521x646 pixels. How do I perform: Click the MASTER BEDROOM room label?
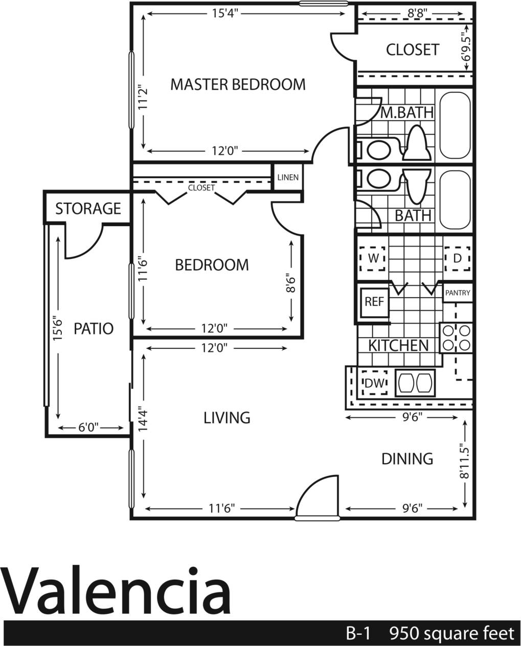pyautogui.click(x=238, y=84)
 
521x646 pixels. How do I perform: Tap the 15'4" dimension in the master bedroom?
pyautogui.click(x=225, y=14)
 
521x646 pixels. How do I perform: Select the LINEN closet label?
pyautogui.click(x=288, y=178)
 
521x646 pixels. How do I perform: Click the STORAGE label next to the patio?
pyautogui.click(x=88, y=208)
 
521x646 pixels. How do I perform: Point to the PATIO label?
pyautogui.click(x=94, y=328)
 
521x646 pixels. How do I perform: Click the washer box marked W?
pyautogui.click(x=373, y=258)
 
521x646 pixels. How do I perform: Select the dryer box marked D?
pyautogui.click(x=457, y=258)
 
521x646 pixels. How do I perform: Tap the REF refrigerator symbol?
pyautogui.click(x=374, y=302)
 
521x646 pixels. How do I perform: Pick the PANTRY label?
pyautogui.click(x=458, y=293)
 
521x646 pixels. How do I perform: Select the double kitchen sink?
pyautogui.click(x=416, y=382)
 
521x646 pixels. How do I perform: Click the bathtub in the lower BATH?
pyautogui.click(x=455, y=200)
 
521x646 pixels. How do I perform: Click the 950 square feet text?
pyautogui.click(x=451, y=634)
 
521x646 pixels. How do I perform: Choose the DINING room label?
pyautogui.click(x=407, y=459)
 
